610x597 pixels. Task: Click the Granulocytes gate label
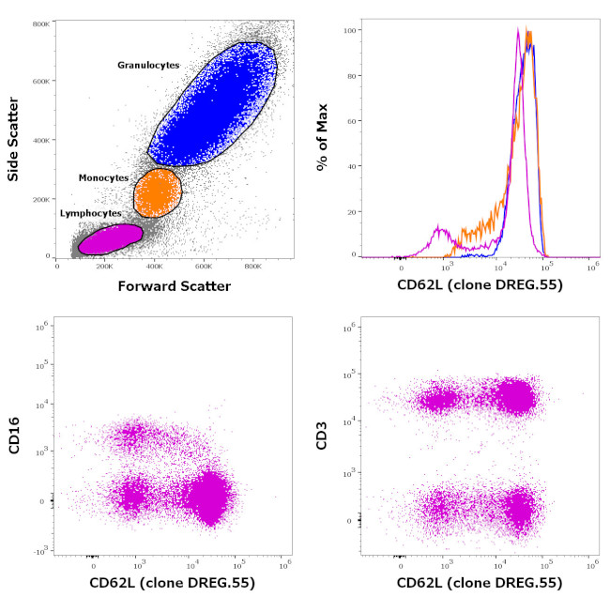[148, 65]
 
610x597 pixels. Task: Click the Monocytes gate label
[103, 176]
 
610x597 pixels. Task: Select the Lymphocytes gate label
[91, 213]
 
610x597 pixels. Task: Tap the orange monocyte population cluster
[157, 191]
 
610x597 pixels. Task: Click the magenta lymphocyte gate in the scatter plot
[109, 238]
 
